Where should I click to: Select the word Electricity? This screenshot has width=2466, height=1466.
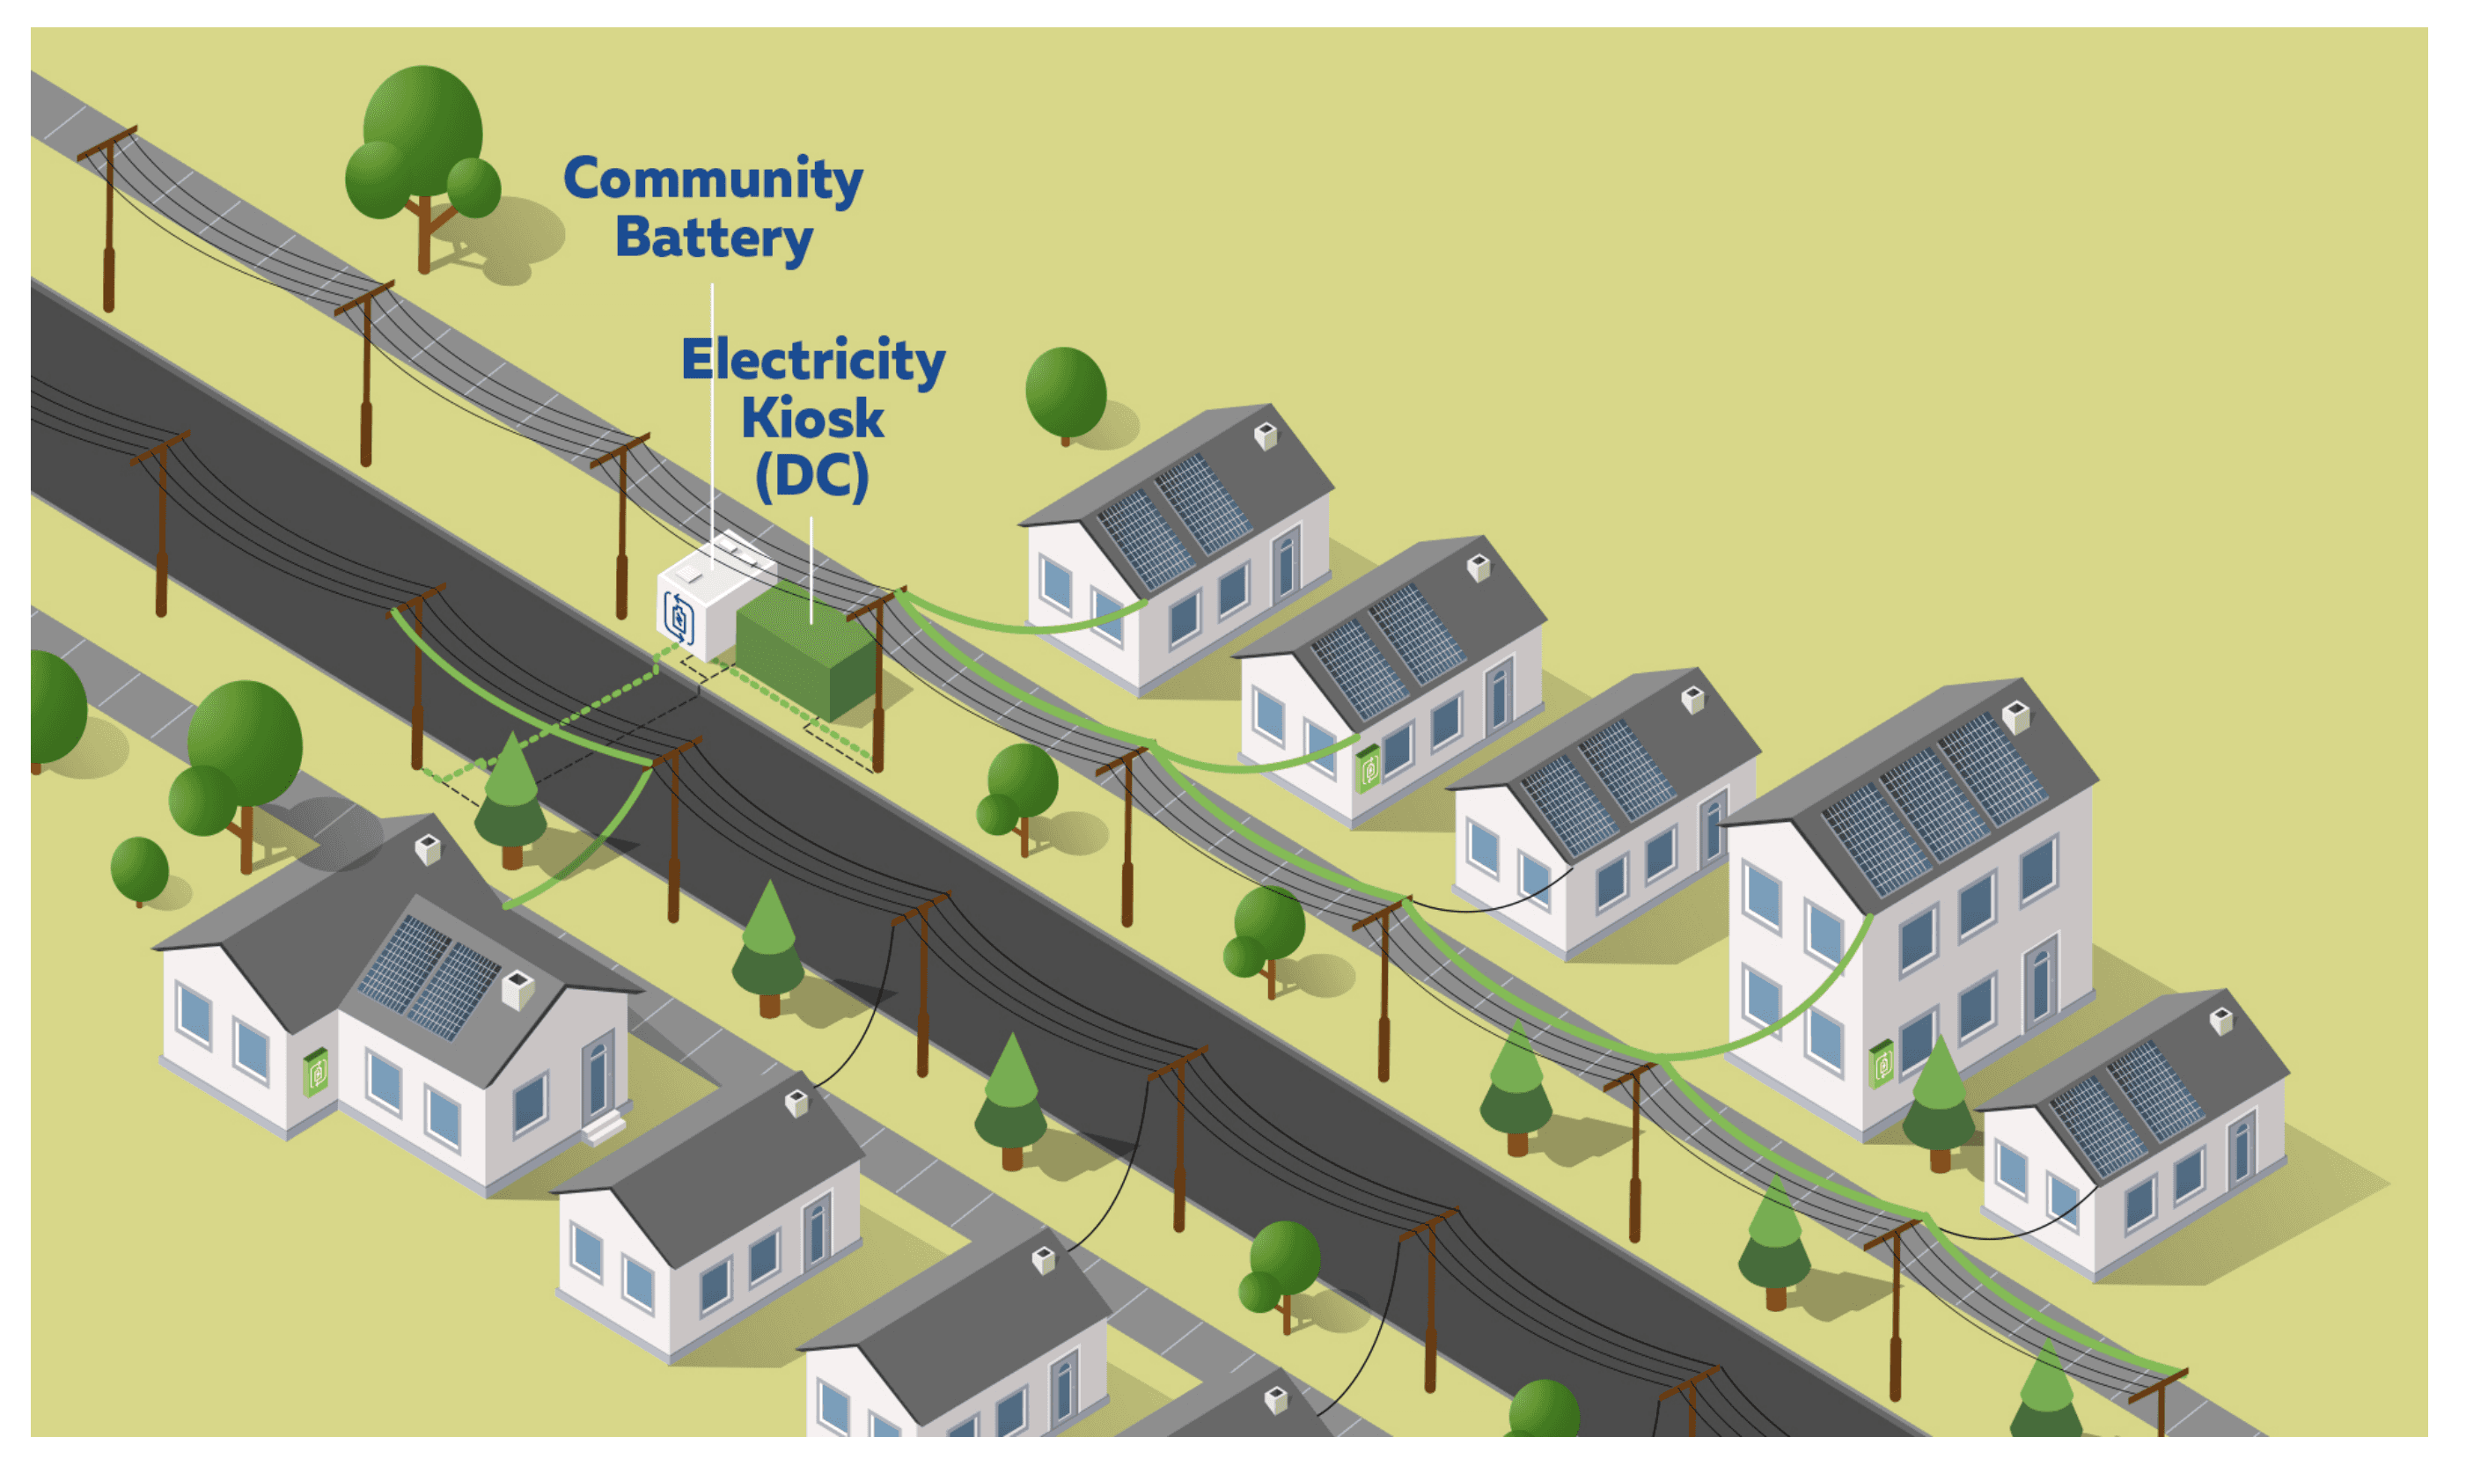pos(812,361)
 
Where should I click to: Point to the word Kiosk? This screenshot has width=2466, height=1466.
pos(812,419)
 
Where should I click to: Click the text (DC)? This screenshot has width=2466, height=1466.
pos(812,476)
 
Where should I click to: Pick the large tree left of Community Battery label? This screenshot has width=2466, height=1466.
pos(422,158)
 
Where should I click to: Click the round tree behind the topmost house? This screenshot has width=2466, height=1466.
pos(1065,392)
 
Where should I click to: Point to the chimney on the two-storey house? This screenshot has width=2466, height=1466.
pos(2015,715)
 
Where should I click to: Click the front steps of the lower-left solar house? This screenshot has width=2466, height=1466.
pos(604,1126)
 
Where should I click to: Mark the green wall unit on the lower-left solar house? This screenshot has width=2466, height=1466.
pos(315,1072)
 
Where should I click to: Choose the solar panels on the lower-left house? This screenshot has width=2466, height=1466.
pos(429,973)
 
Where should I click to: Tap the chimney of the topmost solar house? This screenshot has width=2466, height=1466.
pos(1266,436)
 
